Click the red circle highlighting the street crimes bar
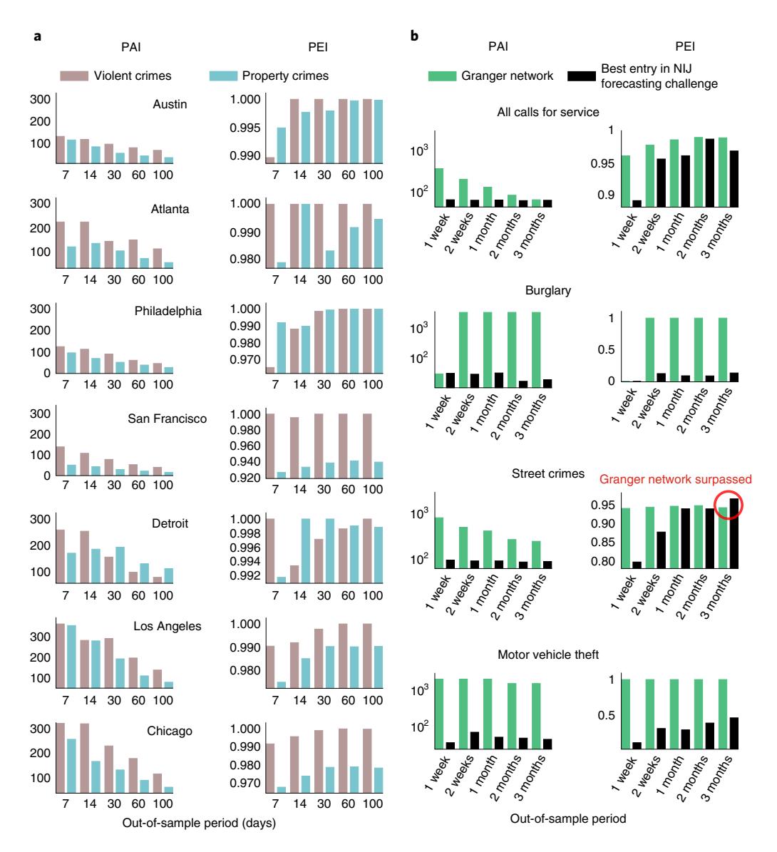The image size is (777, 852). (x=728, y=505)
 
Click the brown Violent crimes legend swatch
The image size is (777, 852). (x=73, y=76)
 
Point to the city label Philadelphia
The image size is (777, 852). (x=168, y=312)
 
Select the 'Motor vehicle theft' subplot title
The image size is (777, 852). (x=548, y=655)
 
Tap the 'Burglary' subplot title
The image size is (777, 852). (x=548, y=290)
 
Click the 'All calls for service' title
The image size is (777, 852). (x=548, y=111)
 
